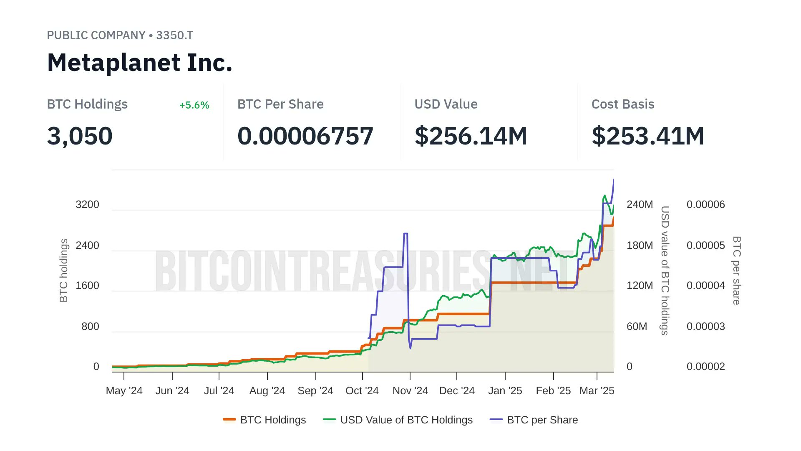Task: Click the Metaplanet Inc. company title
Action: point(139,63)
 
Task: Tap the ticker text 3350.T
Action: point(174,35)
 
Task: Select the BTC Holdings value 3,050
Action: point(80,136)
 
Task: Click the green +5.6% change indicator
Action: point(194,105)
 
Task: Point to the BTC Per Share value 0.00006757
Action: point(305,136)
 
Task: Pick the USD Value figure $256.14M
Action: point(471,136)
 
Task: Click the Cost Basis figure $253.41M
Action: point(648,136)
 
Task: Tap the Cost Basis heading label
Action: point(623,104)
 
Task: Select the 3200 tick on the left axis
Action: point(88,205)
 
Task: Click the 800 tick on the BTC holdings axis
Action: point(91,327)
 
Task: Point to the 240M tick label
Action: point(640,205)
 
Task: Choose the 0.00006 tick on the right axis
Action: point(706,205)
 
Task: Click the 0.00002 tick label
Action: point(706,367)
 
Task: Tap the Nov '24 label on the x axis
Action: point(411,391)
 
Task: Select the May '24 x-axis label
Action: point(124,391)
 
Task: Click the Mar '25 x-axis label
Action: point(597,391)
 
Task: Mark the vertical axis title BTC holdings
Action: point(63,271)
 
